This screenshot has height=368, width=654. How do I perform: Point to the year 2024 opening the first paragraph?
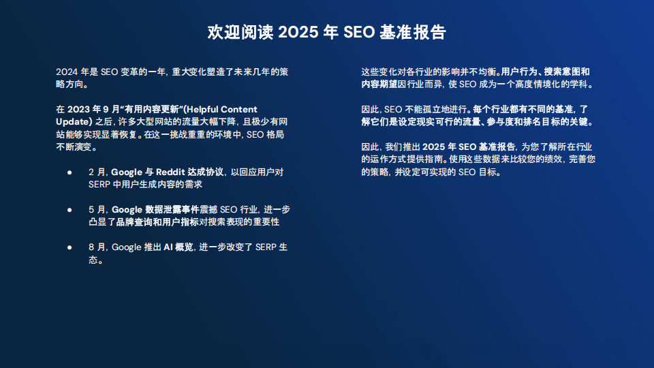67,72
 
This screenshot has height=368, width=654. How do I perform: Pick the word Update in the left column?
72,121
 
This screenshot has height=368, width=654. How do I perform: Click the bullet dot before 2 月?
70,172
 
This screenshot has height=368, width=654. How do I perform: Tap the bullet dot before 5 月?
70,210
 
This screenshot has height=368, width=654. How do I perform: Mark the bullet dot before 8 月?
70,247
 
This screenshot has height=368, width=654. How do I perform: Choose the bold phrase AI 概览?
178,247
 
